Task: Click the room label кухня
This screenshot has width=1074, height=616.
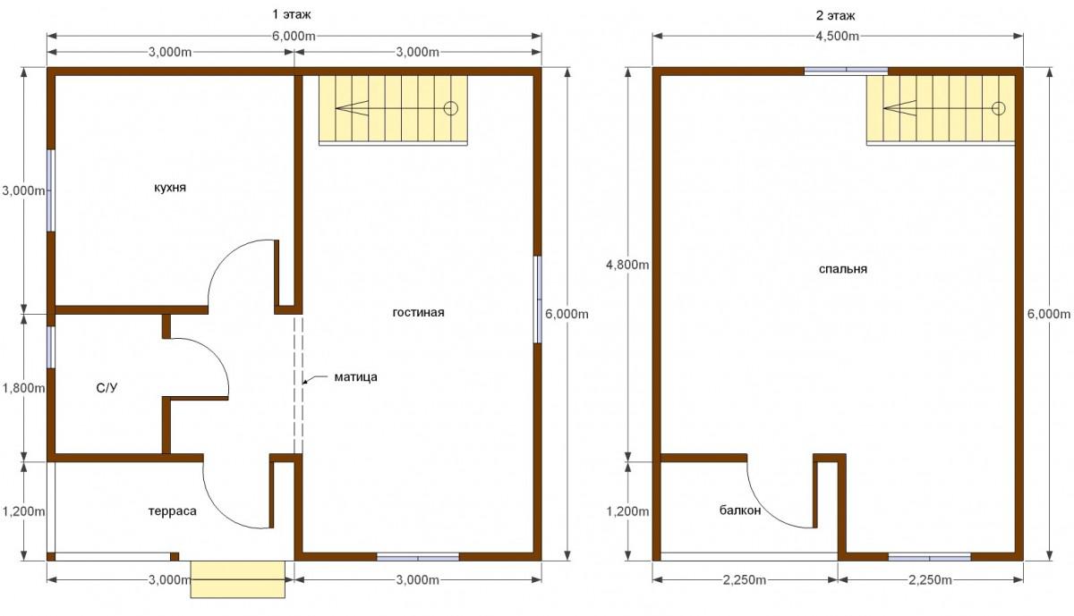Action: click(170, 188)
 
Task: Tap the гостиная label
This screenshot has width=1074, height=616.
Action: click(419, 312)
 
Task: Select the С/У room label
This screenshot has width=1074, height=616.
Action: click(107, 387)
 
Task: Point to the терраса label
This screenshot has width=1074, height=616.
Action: click(173, 511)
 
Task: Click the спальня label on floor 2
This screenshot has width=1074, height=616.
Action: click(843, 269)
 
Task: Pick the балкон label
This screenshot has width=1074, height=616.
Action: click(740, 511)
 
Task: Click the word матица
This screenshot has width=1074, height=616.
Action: click(356, 377)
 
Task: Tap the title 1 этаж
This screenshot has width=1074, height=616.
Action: click(292, 15)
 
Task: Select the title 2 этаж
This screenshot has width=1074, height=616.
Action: click(836, 16)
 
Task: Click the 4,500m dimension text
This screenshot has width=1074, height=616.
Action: click(837, 36)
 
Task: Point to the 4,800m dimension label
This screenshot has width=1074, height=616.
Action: click(627, 265)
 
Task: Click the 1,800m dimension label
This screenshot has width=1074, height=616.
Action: click(23, 387)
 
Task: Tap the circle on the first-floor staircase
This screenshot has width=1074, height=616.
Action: click(451, 108)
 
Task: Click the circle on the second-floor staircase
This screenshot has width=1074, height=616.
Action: click(998, 108)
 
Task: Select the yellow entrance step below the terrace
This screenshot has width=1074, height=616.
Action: click(238, 579)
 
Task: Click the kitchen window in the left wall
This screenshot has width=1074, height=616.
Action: click(50, 190)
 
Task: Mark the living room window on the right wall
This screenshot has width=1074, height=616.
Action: click(538, 300)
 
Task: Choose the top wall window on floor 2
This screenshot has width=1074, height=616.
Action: click(846, 72)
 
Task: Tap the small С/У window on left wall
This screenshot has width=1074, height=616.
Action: click(50, 347)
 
